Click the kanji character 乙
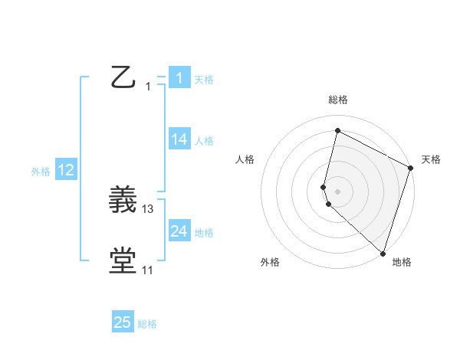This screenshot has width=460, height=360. pyautogui.click(x=123, y=77)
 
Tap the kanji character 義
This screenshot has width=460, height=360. pyautogui.click(x=123, y=201)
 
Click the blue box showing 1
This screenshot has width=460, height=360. pyautogui.click(x=179, y=77)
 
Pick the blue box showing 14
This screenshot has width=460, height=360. pyautogui.click(x=179, y=139)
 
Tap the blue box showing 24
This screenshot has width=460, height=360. pyautogui.click(x=179, y=231)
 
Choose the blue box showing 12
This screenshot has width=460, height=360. pyautogui.click(x=65, y=170)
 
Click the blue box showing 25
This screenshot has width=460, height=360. pyautogui.click(x=123, y=322)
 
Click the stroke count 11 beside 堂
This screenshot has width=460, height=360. pyautogui.click(x=147, y=270)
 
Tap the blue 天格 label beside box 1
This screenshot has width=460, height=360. pyautogui.click(x=204, y=79)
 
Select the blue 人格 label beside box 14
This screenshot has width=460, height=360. pyautogui.click(x=204, y=141)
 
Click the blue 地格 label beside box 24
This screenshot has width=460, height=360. pyautogui.click(x=204, y=233)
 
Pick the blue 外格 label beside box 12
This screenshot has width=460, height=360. pyautogui.click(x=41, y=172)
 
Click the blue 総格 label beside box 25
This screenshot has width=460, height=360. pyautogui.click(x=147, y=324)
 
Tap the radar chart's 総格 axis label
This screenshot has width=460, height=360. pyautogui.click(x=338, y=100)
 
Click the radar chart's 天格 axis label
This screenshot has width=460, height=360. pyautogui.click(x=431, y=159)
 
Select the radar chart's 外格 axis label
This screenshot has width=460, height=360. pyautogui.click(x=270, y=263)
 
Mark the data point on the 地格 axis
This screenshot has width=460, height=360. pyautogui.click(x=383, y=253)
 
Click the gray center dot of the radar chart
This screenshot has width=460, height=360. pyautogui.click(x=338, y=191)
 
